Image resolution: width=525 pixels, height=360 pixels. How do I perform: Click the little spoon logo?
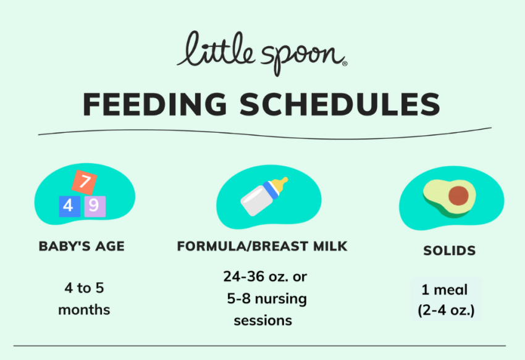click(x=261, y=52)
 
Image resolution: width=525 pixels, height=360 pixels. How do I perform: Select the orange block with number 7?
click(x=85, y=182)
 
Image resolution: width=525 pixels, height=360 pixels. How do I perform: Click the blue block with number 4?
click(x=69, y=206)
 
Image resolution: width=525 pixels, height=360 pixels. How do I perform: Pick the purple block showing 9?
click(x=94, y=206)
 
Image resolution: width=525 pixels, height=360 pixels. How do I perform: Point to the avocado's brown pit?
click(x=458, y=196)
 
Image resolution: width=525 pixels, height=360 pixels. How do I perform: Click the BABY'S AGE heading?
click(x=82, y=246)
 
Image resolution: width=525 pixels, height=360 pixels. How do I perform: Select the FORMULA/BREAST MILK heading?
click(x=262, y=246)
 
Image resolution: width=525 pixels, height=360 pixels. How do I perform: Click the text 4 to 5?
click(x=84, y=288)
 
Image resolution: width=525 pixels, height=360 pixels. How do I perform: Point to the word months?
click(x=84, y=310)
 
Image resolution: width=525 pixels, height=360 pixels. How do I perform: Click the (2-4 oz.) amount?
click(x=447, y=309)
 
